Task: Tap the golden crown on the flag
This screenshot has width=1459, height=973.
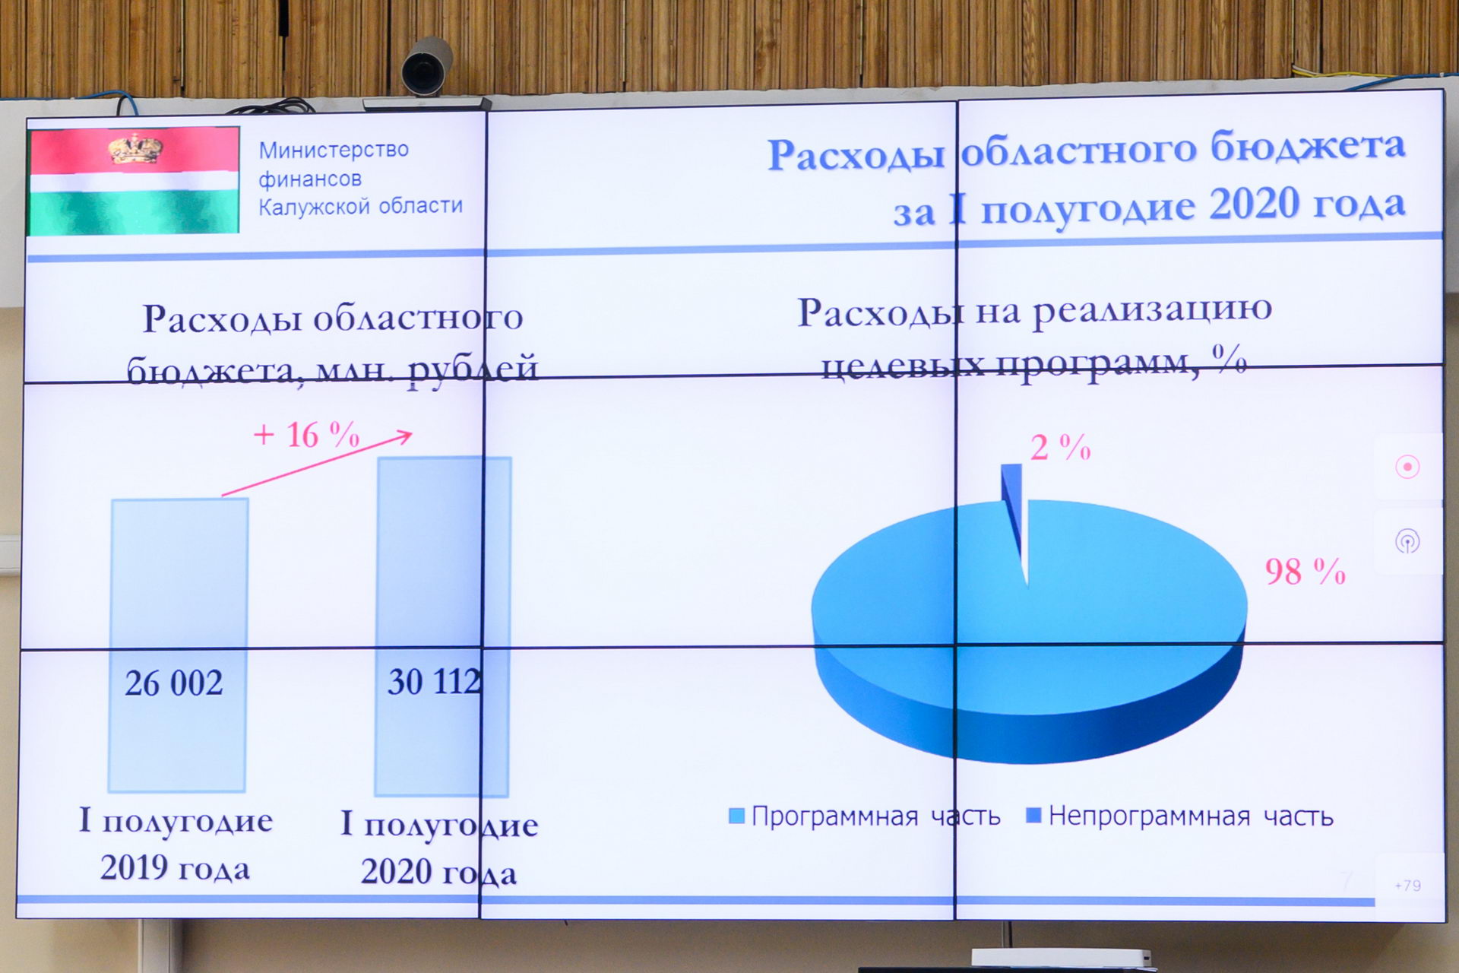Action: coord(135,149)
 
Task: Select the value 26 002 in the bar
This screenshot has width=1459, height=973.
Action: coord(174,683)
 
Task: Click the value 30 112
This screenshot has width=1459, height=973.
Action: coord(435,681)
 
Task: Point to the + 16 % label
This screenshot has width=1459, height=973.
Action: coord(306,435)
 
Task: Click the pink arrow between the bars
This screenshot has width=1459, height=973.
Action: coord(317,464)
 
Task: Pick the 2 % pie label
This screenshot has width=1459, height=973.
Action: coord(1061,448)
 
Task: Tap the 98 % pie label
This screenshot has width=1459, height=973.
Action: coord(1305,572)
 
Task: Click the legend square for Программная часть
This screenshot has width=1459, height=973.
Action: coord(736,816)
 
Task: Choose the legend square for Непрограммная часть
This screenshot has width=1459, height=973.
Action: coord(1033,816)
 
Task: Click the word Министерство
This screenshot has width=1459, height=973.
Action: coord(334,150)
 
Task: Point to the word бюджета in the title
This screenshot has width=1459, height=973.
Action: coord(1307,146)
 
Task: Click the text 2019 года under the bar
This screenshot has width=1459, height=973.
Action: coord(175,868)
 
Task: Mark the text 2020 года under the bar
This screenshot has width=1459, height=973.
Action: coord(438,872)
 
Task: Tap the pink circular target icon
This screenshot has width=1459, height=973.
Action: coord(1407,466)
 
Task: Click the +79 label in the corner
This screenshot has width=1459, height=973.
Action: coord(1408,886)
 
